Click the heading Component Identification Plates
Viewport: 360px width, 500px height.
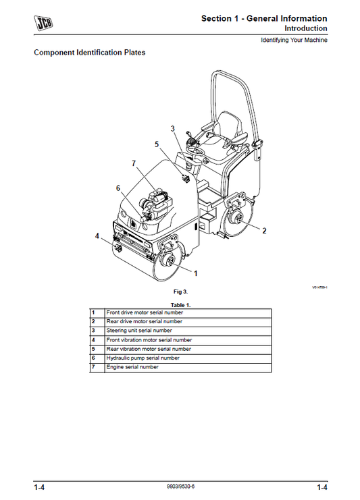90,52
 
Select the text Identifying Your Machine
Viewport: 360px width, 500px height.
294,40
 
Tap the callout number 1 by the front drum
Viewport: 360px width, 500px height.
195,273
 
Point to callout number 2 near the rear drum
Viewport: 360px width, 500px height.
264,231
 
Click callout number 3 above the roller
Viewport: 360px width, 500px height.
172,128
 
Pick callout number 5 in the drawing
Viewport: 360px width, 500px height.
157,144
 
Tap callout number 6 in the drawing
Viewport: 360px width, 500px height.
118,188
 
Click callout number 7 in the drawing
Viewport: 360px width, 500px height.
134,163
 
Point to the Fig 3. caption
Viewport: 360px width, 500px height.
180,291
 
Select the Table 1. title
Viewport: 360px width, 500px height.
180,305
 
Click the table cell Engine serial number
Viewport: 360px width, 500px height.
132,367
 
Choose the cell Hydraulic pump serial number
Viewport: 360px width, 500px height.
143,358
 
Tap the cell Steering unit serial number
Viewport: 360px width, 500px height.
138,331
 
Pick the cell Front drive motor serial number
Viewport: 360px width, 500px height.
144,312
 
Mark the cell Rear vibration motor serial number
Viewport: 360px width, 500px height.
149,349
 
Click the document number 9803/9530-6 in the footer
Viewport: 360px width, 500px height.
180,487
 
